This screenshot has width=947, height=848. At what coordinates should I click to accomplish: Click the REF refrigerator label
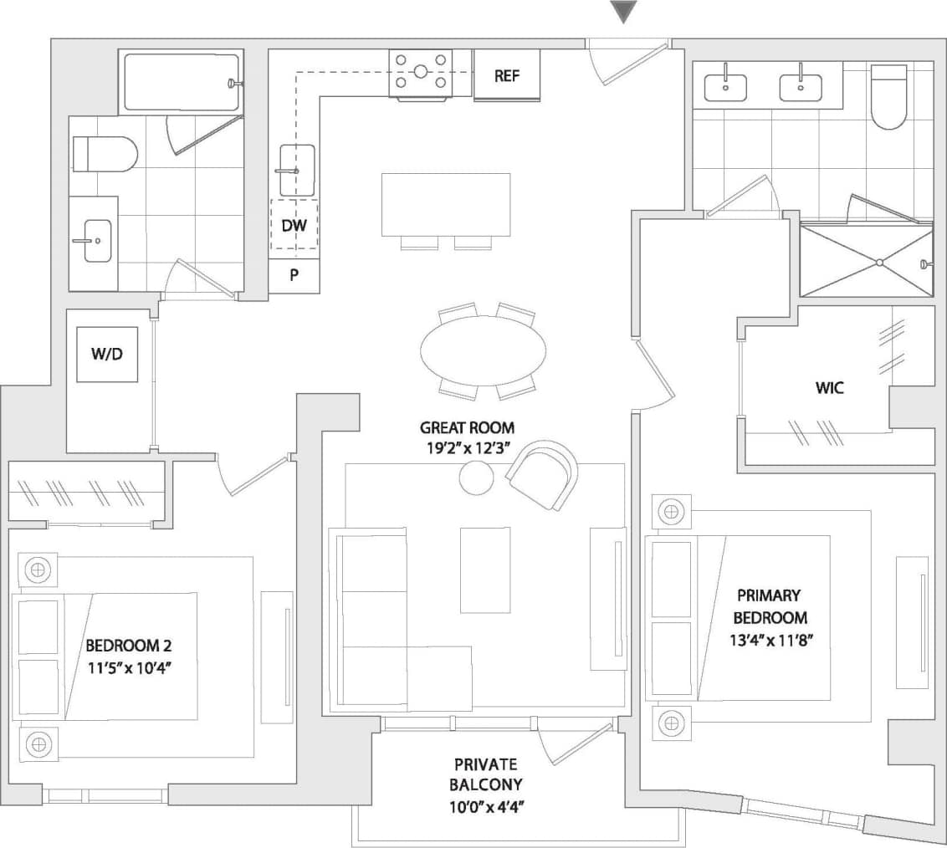pyautogui.click(x=507, y=75)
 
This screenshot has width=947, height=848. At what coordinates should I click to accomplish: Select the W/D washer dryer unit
pyautogui.click(x=107, y=354)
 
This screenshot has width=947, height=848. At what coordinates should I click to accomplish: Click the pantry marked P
pyautogui.click(x=294, y=275)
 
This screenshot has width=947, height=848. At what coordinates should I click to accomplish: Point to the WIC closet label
pyautogui.click(x=829, y=388)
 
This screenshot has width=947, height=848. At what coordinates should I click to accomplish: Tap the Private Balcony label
pyautogui.click(x=485, y=774)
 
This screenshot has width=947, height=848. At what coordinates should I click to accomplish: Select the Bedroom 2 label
pyautogui.click(x=129, y=646)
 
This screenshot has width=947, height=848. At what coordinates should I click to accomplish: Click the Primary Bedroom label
pyautogui.click(x=769, y=606)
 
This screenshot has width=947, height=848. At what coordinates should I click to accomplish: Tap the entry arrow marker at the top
pyautogui.click(x=623, y=12)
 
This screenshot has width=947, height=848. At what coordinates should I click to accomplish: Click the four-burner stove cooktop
pyautogui.click(x=420, y=72)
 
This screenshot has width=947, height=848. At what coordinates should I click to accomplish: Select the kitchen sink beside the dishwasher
pyautogui.click(x=297, y=171)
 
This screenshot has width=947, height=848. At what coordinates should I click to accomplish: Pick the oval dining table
pyautogui.click(x=483, y=350)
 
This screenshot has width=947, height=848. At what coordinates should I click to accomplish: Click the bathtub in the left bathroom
pyautogui.click(x=182, y=82)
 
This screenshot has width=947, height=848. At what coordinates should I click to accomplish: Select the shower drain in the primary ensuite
pyautogui.click(x=879, y=263)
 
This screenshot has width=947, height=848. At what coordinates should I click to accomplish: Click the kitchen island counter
pyautogui.click(x=446, y=204)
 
